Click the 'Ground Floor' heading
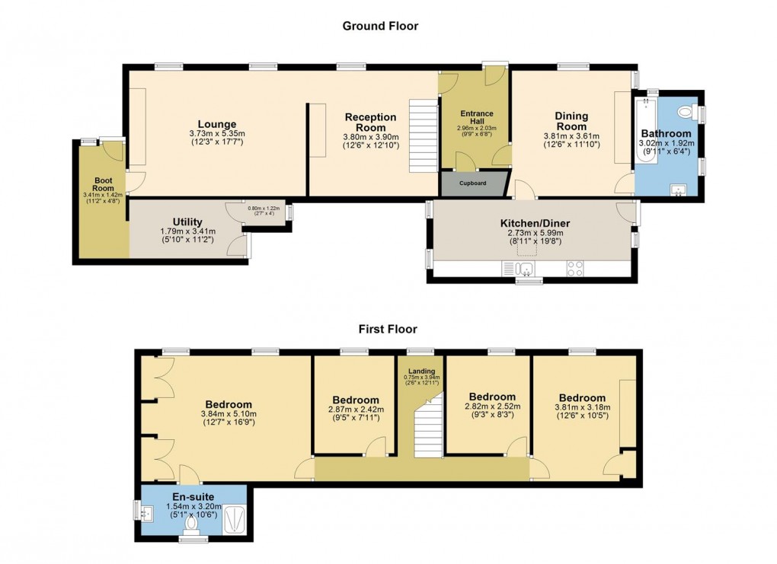[x=380, y=26]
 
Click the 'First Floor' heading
[x=388, y=330]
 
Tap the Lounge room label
[x=217, y=124]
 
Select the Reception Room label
[x=371, y=123]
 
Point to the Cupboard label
[x=472, y=183]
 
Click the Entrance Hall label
[x=476, y=118]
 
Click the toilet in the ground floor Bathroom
[x=688, y=113]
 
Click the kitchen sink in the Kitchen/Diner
[x=523, y=267]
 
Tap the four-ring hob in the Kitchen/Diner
[x=575, y=268]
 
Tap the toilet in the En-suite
[x=190, y=522]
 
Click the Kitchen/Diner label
[x=535, y=223]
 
